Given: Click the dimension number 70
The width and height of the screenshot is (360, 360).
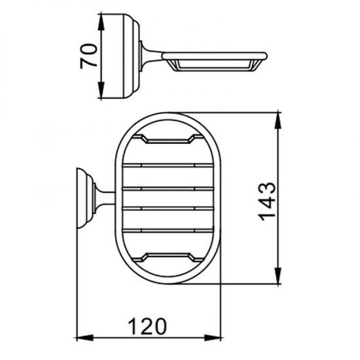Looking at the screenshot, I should pyautogui.click(x=90, y=56).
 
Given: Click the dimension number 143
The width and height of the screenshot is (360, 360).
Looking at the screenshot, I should pyautogui.click(x=268, y=200).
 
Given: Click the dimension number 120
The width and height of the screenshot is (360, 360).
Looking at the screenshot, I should pyautogui.click(x=148, y=325).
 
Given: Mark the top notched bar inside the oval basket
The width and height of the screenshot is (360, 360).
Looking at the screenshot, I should pyautogui.click(x=168, y=139).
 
